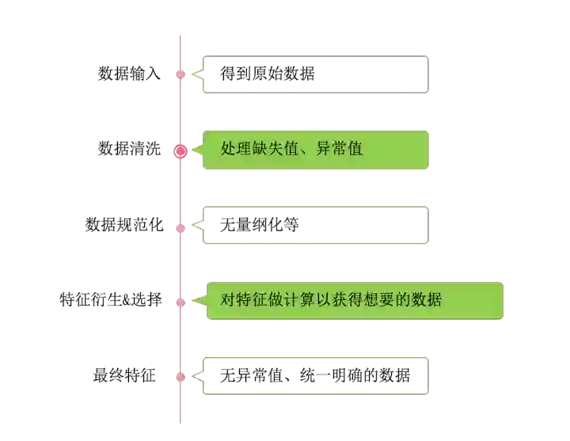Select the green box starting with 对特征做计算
[355, 300]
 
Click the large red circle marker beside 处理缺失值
[180, 150]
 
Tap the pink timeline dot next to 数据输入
[180, 74]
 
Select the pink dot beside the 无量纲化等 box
[180, 228]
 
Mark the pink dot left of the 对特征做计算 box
[180, 302]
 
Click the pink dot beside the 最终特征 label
[180, 377]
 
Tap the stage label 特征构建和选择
[112, 301]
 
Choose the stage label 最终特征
[123, 376]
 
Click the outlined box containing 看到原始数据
[316, 74]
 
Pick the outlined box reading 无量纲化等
[316, 225]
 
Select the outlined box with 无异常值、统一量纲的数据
[316, 376]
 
